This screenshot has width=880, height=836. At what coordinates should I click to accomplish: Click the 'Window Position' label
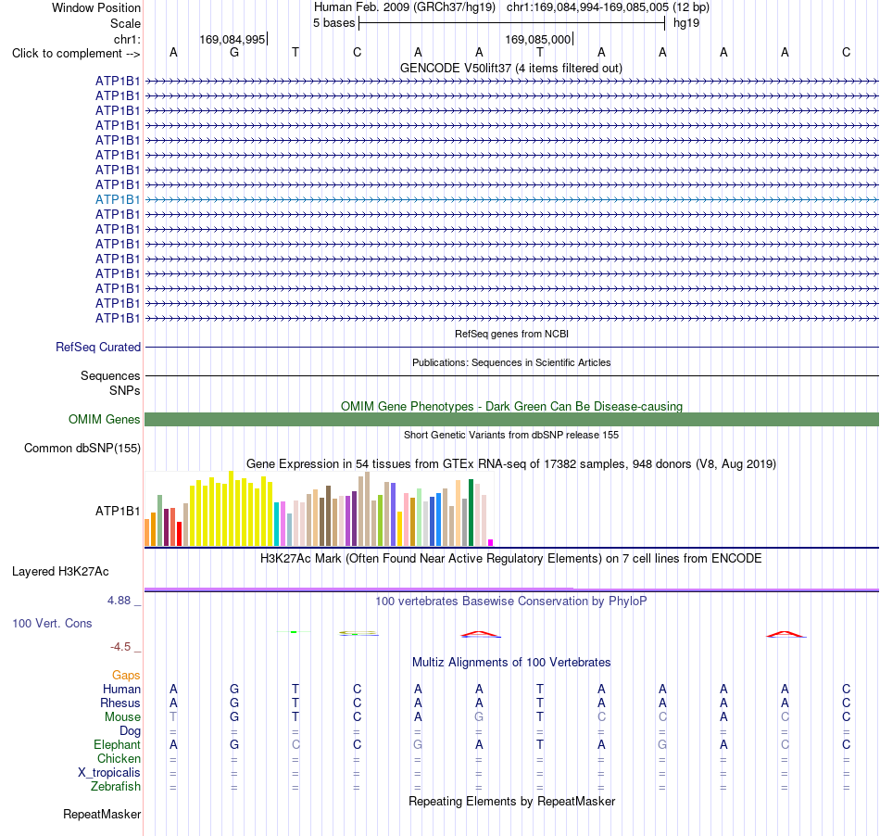(96, 7)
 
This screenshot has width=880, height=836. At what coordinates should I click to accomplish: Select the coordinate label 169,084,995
(232, 39)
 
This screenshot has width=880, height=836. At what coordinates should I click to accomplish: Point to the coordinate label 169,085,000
(537, 39)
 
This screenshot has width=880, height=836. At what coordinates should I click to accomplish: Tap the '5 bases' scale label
(333, 23)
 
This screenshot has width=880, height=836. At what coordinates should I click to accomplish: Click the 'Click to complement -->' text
(76, 54)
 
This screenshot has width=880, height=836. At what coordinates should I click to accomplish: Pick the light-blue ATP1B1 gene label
(118, 200)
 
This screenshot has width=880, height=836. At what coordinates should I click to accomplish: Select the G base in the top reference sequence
(234, 53)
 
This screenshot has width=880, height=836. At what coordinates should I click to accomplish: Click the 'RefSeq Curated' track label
(98, 347)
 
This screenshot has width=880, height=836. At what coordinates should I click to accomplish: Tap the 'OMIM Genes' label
(105, 420)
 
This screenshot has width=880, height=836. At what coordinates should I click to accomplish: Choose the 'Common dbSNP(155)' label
(82, 448)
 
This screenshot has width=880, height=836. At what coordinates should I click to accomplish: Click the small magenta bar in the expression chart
(491, 542)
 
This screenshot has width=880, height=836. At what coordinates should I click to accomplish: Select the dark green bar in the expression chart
(471, 513)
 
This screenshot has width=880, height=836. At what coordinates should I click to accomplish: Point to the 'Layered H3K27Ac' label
(60, 572)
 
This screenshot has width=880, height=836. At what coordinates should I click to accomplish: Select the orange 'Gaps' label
(126, 675)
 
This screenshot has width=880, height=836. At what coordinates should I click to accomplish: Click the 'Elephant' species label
(117, 745)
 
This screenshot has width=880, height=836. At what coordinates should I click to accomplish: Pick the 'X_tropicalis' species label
(109, 773)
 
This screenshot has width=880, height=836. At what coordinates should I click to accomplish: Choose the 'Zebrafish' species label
(116, 787)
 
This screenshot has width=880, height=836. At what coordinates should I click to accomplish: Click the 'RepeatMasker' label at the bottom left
(102, 815)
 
